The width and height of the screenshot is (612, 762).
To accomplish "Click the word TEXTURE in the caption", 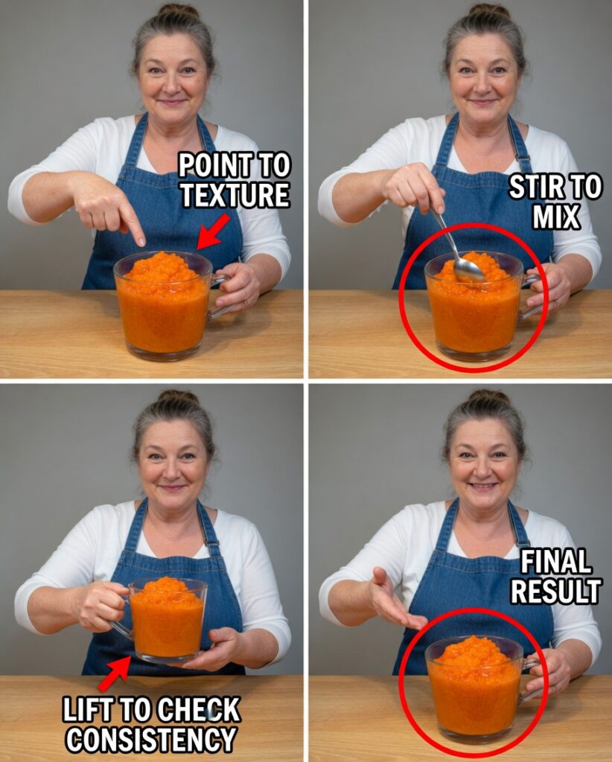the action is click(235, 196).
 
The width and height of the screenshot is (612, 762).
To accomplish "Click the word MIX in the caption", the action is click(556, 217).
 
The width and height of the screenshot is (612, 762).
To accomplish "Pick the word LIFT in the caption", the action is click(83, 710).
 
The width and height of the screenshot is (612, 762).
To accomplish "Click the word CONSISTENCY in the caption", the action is click(152, 740).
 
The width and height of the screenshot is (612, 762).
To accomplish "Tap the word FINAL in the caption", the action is click(556, 562).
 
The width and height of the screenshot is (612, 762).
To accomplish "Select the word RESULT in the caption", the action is click(555, 592).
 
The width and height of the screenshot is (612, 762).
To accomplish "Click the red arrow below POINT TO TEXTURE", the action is click(213, 232).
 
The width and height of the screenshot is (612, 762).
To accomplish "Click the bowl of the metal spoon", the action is click(468, 269).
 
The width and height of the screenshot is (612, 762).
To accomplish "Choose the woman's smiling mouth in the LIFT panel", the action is click(173, 487).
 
